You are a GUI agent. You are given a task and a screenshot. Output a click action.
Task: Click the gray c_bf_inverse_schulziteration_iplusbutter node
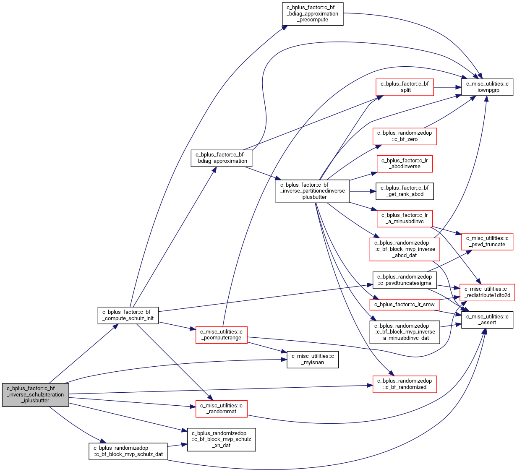point(36,395)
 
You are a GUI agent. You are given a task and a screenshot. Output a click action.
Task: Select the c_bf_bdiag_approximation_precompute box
point(313,14)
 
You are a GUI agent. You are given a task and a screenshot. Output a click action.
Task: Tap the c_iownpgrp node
point(487,87)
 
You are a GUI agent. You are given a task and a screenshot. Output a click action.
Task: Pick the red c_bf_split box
point(405,87)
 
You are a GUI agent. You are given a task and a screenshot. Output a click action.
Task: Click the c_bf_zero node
point(405,136)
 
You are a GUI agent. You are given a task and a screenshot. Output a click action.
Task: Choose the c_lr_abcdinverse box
point(405,164)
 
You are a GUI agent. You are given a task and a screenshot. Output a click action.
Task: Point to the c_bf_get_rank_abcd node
point(405,191)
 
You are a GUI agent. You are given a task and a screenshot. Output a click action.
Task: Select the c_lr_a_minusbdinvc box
point(405,219)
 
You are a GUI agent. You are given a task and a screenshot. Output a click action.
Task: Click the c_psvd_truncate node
point(487,242)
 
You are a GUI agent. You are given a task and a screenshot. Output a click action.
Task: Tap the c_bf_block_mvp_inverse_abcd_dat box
point(405,249)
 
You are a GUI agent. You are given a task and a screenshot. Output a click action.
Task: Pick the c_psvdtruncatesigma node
point(405,280)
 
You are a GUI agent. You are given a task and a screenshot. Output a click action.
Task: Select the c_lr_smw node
point(405,305)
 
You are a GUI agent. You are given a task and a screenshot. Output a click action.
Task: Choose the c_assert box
point(487,320)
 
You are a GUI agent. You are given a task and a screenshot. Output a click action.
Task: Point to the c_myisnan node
point(313,360)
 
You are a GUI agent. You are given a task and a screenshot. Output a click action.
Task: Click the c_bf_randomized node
point(405,384)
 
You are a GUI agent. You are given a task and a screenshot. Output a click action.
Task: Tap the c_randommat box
point(222,409)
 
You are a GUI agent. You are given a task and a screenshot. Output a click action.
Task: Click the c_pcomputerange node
point(222,335)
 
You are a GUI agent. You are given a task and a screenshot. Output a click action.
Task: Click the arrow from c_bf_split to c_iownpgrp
point(447,87)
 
